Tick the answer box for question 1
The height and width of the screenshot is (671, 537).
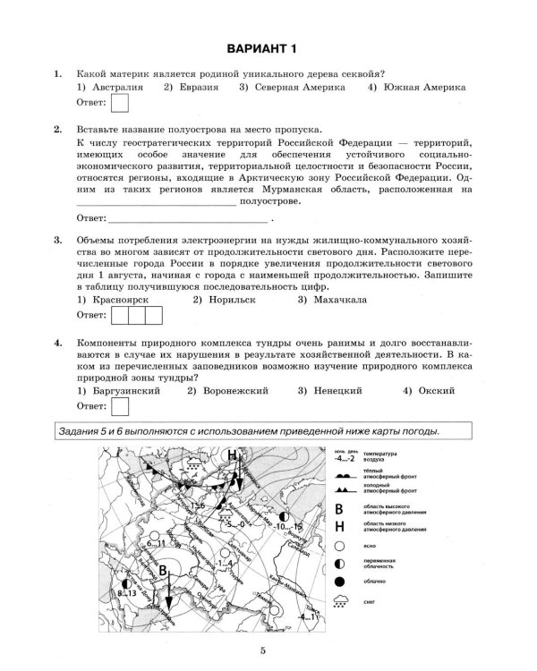(x=118, y=106)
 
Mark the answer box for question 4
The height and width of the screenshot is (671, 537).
(x=118, y=409)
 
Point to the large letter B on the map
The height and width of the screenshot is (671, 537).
(x=164, y=571)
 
